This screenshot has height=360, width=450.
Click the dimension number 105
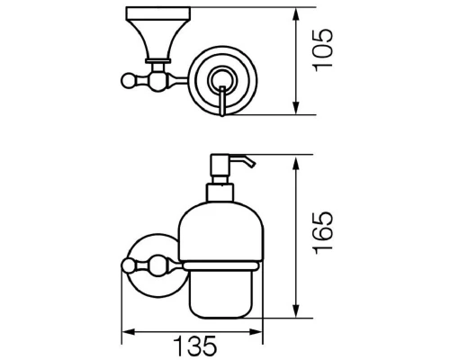click(x=323, y=50)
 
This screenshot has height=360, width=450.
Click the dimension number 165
click(x=323, y=233)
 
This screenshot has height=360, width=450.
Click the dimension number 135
click(x=195, y=346)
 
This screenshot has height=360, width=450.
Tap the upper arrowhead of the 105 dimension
click(x=296, y=14)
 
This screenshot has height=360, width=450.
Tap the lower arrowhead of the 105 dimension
click(x=296, y=108)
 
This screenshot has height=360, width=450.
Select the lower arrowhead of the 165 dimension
click(x=296, y=310)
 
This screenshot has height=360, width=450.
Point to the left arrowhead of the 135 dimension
click(x=129, y=332)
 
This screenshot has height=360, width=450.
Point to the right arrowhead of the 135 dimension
click(x=256, y=332)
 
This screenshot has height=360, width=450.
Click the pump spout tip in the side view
click(x=253, y=165)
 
